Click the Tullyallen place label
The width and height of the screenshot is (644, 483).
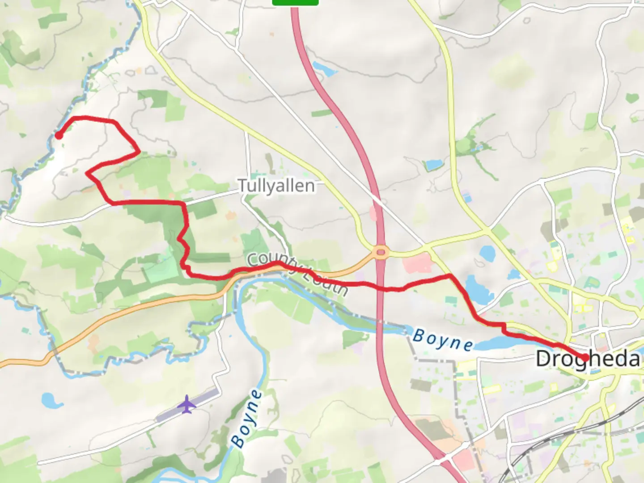point(276,185)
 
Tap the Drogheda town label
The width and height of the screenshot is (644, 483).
point(588,359)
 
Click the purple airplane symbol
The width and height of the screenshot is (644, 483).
point(187,404)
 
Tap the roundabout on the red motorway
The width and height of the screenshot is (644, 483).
point(381,253)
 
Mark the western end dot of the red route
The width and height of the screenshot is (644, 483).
point(59,135)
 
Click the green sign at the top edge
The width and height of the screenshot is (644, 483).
point(295,2)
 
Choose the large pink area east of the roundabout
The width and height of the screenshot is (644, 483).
point(418,263)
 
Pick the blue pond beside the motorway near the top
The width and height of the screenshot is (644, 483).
point(322,68)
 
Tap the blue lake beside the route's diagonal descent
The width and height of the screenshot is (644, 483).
point(479,290)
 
